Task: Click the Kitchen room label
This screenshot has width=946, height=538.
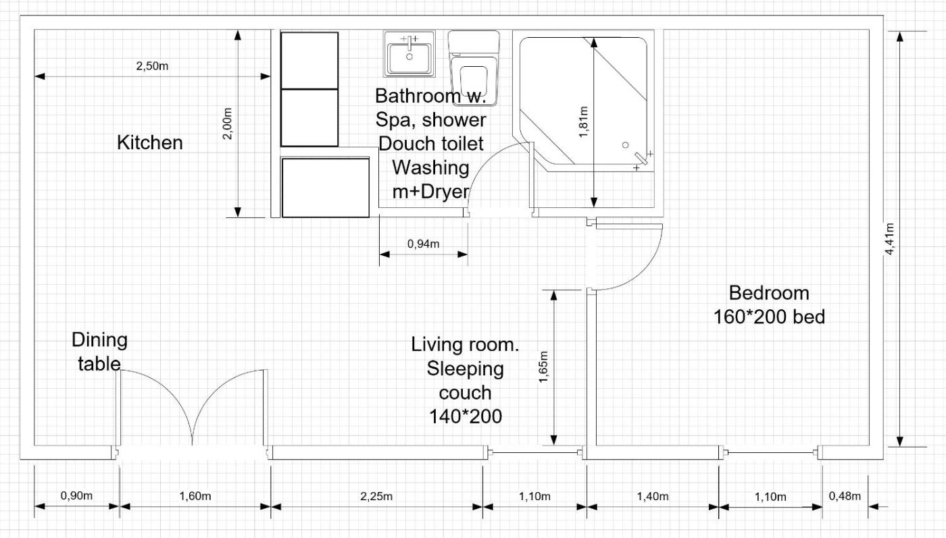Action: tap(150, 142)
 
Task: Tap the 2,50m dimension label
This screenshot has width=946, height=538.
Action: tap(152, 66)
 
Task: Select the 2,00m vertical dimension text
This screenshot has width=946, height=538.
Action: tap(227, 124)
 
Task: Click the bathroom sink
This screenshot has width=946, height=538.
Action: tap(409, 54)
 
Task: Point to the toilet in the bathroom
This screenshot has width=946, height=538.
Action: tap(474, 68)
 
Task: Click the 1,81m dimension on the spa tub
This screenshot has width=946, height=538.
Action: tap(584, 122)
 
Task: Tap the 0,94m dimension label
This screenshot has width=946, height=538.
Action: tap(423, 244)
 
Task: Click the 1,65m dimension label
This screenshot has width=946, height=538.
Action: tap(543, 367)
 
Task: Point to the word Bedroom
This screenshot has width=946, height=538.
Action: tap(769, 293)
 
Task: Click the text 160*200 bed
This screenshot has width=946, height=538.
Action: tap(769, 317)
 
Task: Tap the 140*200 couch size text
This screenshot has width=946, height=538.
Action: tap(466, 416)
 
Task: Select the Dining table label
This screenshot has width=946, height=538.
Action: tap(100, 352)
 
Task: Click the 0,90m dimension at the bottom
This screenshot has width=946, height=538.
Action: tap(76, 495)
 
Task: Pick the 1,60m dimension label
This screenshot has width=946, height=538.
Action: tap(195, 495)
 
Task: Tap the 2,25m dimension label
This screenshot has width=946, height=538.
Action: tap(376, 496)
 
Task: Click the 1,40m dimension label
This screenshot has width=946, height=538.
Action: tap(653, 496)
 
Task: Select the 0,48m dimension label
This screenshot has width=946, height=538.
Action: tap(845, 495)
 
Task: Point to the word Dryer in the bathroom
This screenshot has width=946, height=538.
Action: tap(445, 192)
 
